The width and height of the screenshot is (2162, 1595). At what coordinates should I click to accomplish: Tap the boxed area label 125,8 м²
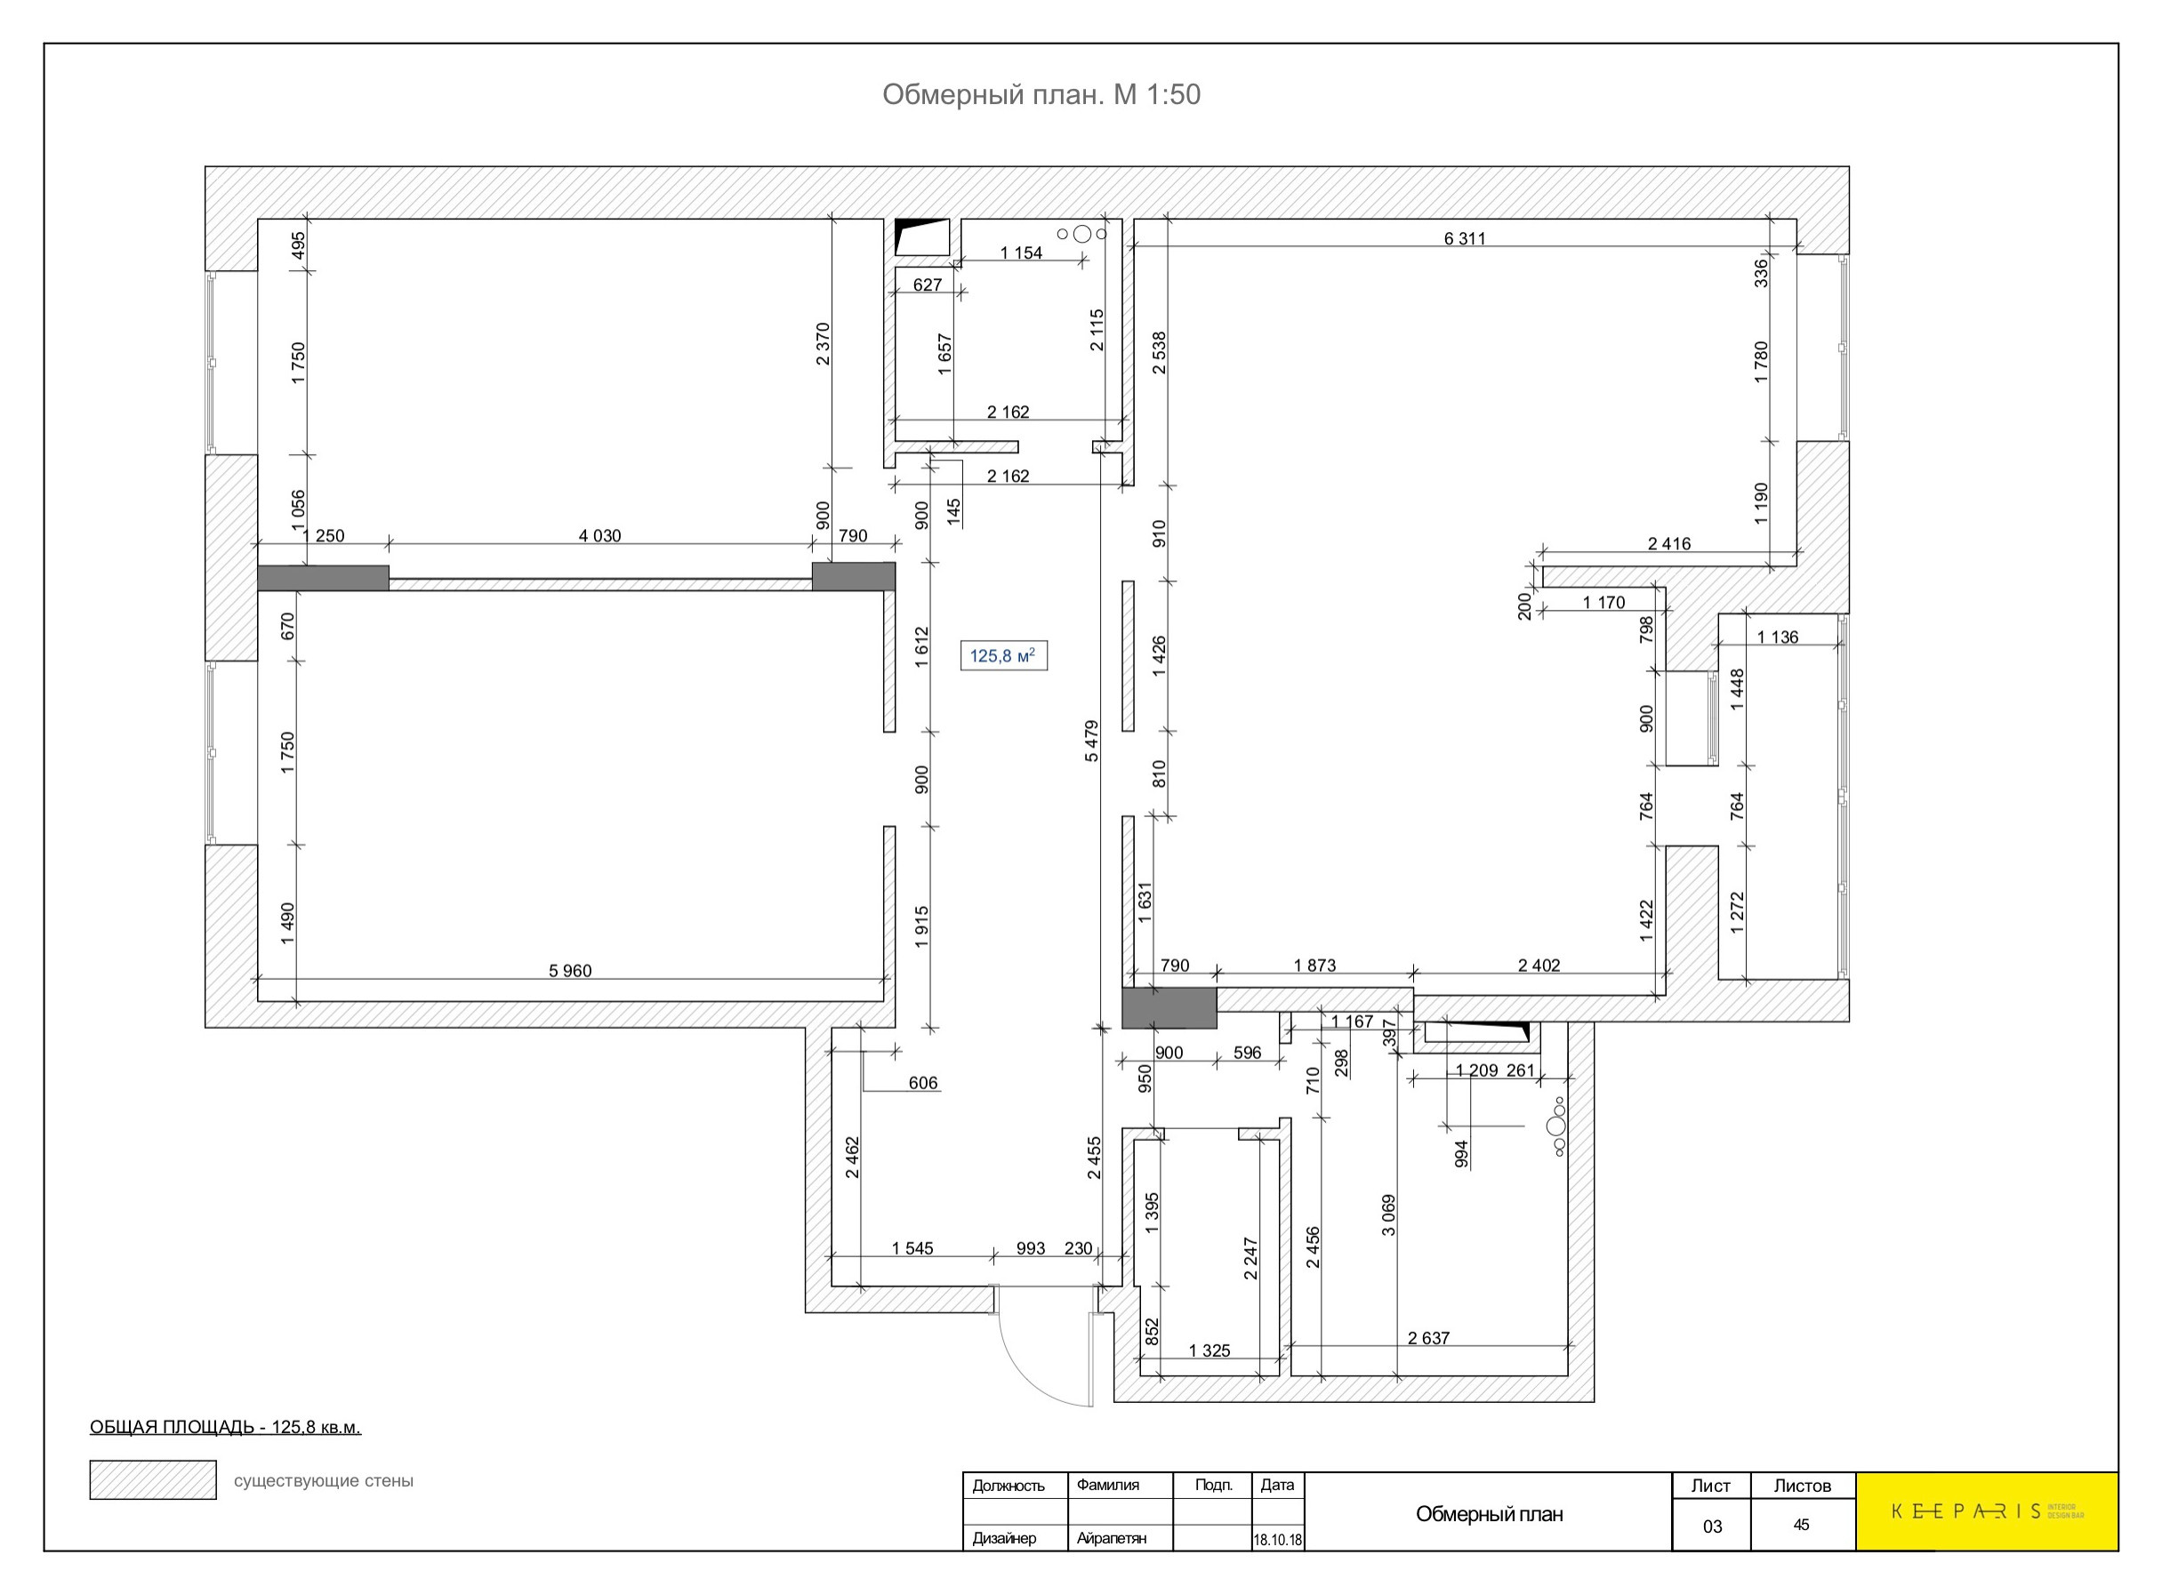pos(1003,655)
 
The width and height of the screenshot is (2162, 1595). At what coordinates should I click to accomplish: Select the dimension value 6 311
pos(1464,238)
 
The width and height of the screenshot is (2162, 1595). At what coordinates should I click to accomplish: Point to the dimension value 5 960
pos(570,970)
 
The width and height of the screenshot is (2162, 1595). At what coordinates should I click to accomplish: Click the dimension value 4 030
pos(599,536)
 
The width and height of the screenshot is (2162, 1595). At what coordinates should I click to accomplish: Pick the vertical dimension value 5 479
pos(1091,741)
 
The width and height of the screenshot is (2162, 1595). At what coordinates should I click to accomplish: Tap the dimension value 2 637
pos(1428,1338)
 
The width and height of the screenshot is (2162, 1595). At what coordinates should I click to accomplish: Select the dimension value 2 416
pos(1668,543)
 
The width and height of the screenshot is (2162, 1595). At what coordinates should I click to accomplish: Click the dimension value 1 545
pos(912,1248)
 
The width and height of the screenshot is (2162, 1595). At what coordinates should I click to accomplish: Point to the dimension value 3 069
pos(1388,1215)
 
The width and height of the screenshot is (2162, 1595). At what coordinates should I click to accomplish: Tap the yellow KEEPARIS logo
pos(1986,1512)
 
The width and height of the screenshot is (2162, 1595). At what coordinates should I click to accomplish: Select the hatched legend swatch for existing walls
pos(153,1480)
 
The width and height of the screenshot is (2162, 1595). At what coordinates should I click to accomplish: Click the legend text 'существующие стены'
pos(324,1481)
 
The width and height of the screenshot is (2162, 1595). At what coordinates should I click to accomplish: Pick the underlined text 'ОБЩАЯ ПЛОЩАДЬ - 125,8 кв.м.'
pos(225,1427)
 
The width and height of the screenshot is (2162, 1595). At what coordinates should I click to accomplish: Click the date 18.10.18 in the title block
pos(1277,1540)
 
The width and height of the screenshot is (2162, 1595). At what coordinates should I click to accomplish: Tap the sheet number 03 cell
pos(1712,1527)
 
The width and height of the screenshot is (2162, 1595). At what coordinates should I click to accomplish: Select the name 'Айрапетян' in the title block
pos(1112,1538)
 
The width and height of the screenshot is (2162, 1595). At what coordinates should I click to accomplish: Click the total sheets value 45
pos(1801,1526)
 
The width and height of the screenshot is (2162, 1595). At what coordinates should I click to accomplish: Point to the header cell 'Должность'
pos(1009,1486)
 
